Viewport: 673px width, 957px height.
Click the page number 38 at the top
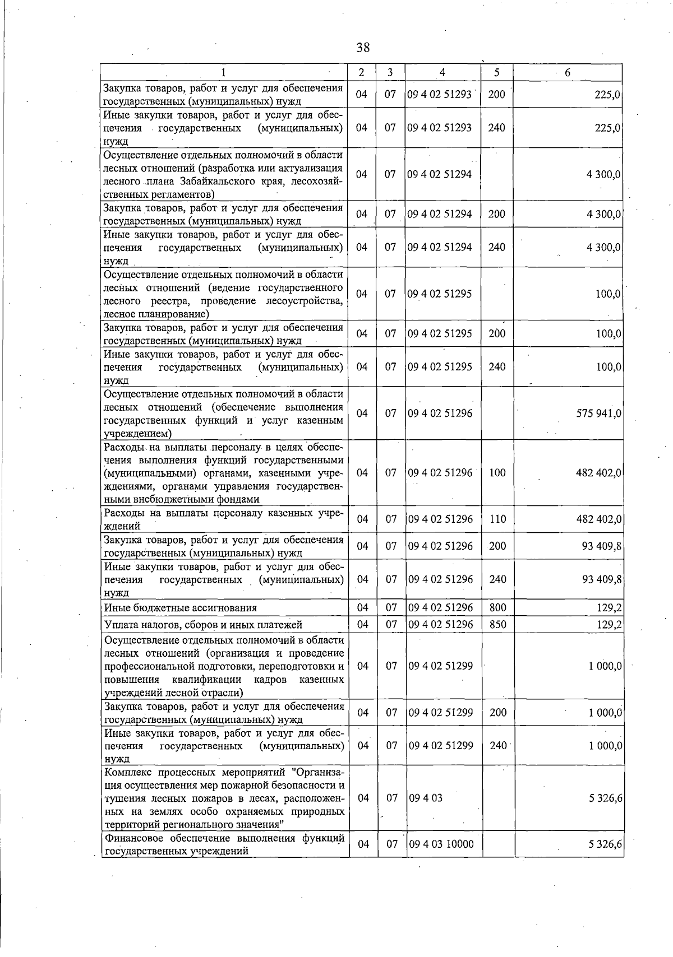(x=363, y=47)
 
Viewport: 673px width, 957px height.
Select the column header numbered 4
(x=442, y=72)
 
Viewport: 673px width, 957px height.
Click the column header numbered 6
(x=568, y=72)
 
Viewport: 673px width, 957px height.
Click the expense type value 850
(x=497, y=625)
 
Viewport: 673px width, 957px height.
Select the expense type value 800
(x=497, y=608)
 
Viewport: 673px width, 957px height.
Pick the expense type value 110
(x=497, y=519)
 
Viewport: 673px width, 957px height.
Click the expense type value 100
(x=497, y=473)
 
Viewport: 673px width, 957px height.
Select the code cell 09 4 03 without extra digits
(x=426, y=798)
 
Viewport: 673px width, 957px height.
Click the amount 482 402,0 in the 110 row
(x=598, y=519)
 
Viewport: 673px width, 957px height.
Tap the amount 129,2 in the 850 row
(x=609, y=625)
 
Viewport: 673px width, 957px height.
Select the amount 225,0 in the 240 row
(x=608, y=128)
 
